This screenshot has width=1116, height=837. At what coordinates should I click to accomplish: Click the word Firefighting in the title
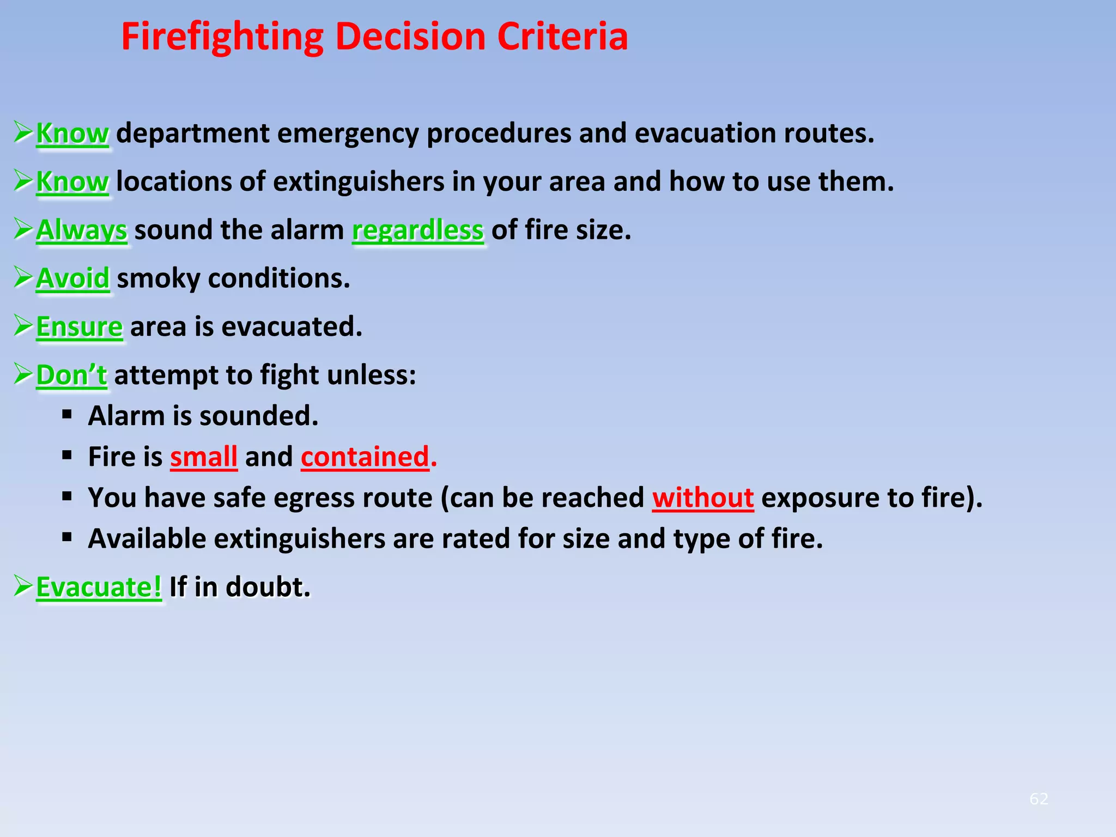tap(222, 37)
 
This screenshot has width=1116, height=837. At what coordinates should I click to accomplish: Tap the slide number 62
tap(1039, 799)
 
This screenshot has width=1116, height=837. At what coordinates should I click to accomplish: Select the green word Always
tap(82, 230)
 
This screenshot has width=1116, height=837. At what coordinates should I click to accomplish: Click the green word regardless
tap(418, 230)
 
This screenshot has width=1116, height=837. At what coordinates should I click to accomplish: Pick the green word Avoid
tap(73, 278)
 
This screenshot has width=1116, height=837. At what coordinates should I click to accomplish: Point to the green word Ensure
tap(80, 327)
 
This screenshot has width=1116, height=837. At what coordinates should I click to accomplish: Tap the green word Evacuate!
tap(99, 587)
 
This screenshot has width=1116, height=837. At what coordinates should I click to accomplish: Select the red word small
tap(204, 457)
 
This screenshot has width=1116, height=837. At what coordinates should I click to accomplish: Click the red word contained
tap(365, 457)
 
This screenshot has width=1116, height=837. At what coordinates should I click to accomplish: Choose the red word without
tap(703, 498)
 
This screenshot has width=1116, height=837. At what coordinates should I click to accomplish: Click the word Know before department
tap(72, 134)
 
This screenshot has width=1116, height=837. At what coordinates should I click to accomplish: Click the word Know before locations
tap(72, 182)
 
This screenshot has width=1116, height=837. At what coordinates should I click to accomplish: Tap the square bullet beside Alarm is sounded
tap(67, 415)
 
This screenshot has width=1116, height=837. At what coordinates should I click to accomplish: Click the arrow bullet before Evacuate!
tap(23, 586)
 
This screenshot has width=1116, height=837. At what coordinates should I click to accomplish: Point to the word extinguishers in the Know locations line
tap(359, 182)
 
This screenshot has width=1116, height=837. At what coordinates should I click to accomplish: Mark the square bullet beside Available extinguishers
tap(67, 538)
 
